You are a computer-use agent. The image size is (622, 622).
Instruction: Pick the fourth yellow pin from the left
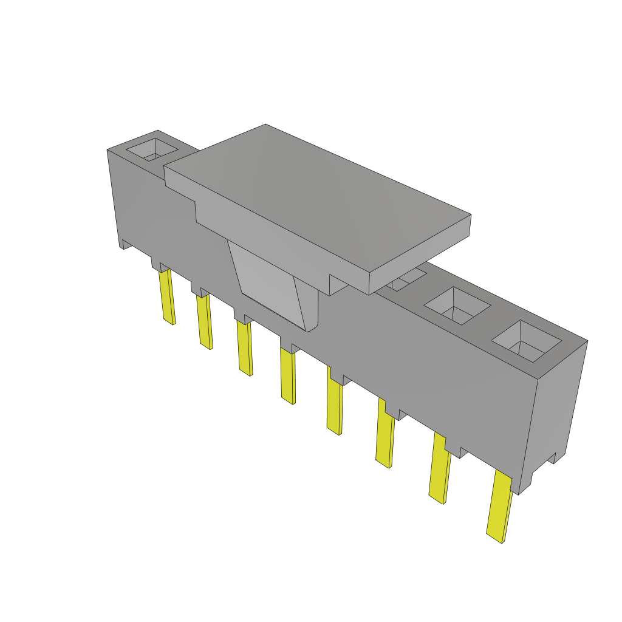point(287,377)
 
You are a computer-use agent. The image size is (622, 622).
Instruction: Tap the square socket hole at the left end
point(151,150)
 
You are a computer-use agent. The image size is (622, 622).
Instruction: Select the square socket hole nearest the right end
point(525,344)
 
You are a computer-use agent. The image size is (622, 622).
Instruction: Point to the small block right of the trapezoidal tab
point(338,284)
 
